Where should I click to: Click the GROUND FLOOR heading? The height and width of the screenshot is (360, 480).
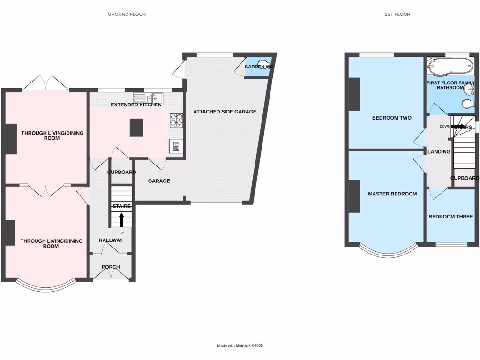(127, 15)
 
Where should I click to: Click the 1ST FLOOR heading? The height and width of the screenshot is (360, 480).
(397, 15)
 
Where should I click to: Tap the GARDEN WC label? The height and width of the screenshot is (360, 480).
(258, 67)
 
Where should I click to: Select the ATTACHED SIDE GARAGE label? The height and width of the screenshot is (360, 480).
(225, 112)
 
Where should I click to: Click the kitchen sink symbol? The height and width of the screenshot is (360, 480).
(148, 98)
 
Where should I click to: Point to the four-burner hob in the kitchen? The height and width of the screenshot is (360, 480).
(176, 120)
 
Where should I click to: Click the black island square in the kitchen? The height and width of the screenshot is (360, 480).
(136, 127)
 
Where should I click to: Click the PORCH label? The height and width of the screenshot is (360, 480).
(111, 267)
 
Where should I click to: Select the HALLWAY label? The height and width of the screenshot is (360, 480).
(111, 240)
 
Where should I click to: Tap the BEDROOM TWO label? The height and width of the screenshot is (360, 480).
(391, 118)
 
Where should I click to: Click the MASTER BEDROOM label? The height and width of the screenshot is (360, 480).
(392, 194)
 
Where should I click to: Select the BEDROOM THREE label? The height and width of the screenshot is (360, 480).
(451, 217)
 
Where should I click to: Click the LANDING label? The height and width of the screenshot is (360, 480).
(439, 152)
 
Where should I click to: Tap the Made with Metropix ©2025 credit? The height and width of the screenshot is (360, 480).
(240, 345)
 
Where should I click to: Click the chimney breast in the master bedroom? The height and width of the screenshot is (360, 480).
(354, 195)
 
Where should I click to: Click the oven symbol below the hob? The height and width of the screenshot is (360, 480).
(176, 146)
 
